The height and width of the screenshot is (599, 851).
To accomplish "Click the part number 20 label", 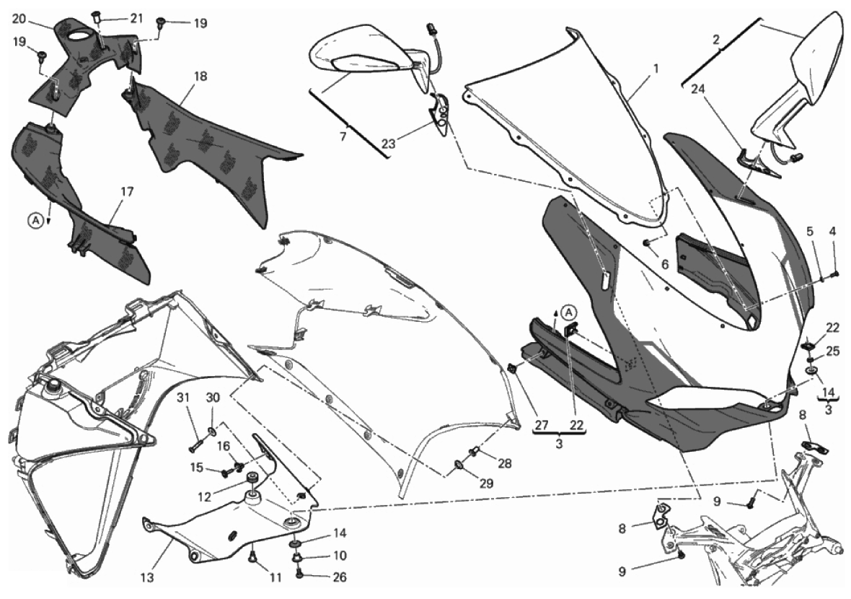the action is (19, 19).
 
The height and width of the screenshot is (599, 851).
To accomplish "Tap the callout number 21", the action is (136, 19).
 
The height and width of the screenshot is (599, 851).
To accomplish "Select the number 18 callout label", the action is (200, 76).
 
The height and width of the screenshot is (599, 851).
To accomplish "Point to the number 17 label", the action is (127, 192).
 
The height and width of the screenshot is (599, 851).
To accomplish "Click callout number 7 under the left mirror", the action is (343, 137).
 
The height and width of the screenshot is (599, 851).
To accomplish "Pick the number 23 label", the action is (388, 144).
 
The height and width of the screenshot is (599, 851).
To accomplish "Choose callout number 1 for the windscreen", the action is (656, 69).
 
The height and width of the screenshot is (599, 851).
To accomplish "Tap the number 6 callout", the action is (664, 264).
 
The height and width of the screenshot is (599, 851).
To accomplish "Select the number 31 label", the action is (183, 398).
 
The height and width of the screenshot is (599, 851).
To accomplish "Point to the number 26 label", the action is (339, 577).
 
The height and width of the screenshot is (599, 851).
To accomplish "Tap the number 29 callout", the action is (487, 484).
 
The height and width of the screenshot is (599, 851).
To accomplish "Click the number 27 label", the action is (541, 426).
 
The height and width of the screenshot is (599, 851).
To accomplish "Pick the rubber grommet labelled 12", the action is (251, 478).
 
